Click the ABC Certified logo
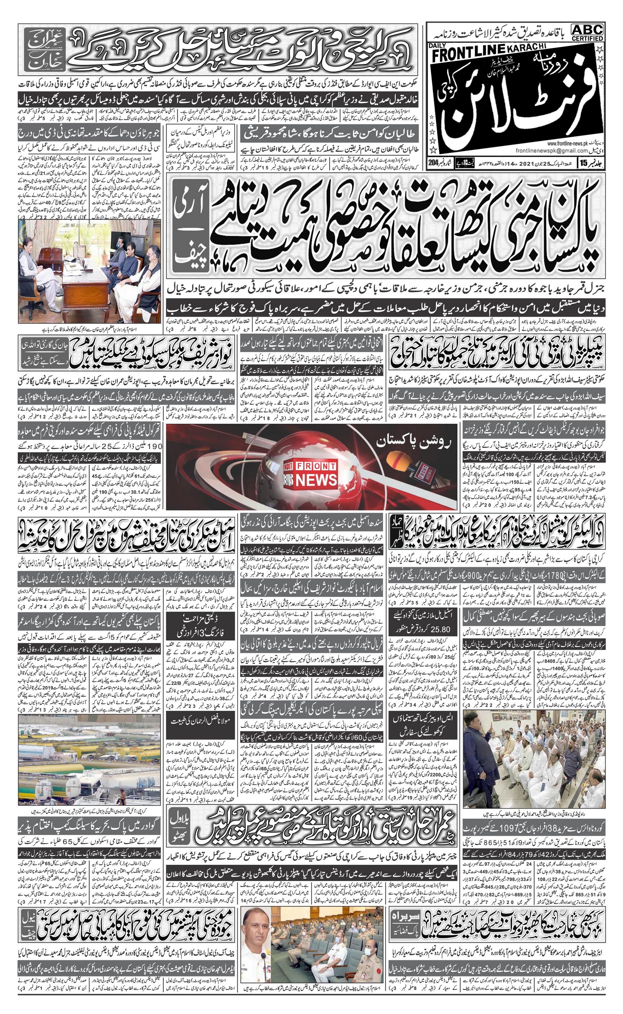(587, 32)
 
